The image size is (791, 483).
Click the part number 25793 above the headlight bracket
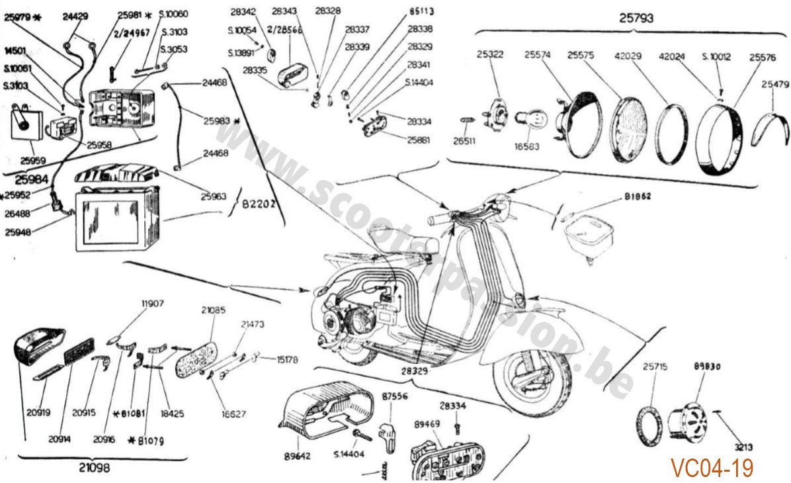tap(636, 19)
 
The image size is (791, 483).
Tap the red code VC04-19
tap(712, 468)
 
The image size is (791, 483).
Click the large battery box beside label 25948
tap(116, 218)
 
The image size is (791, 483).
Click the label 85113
tap(421, 11)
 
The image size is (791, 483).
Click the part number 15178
tap(286, 360)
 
